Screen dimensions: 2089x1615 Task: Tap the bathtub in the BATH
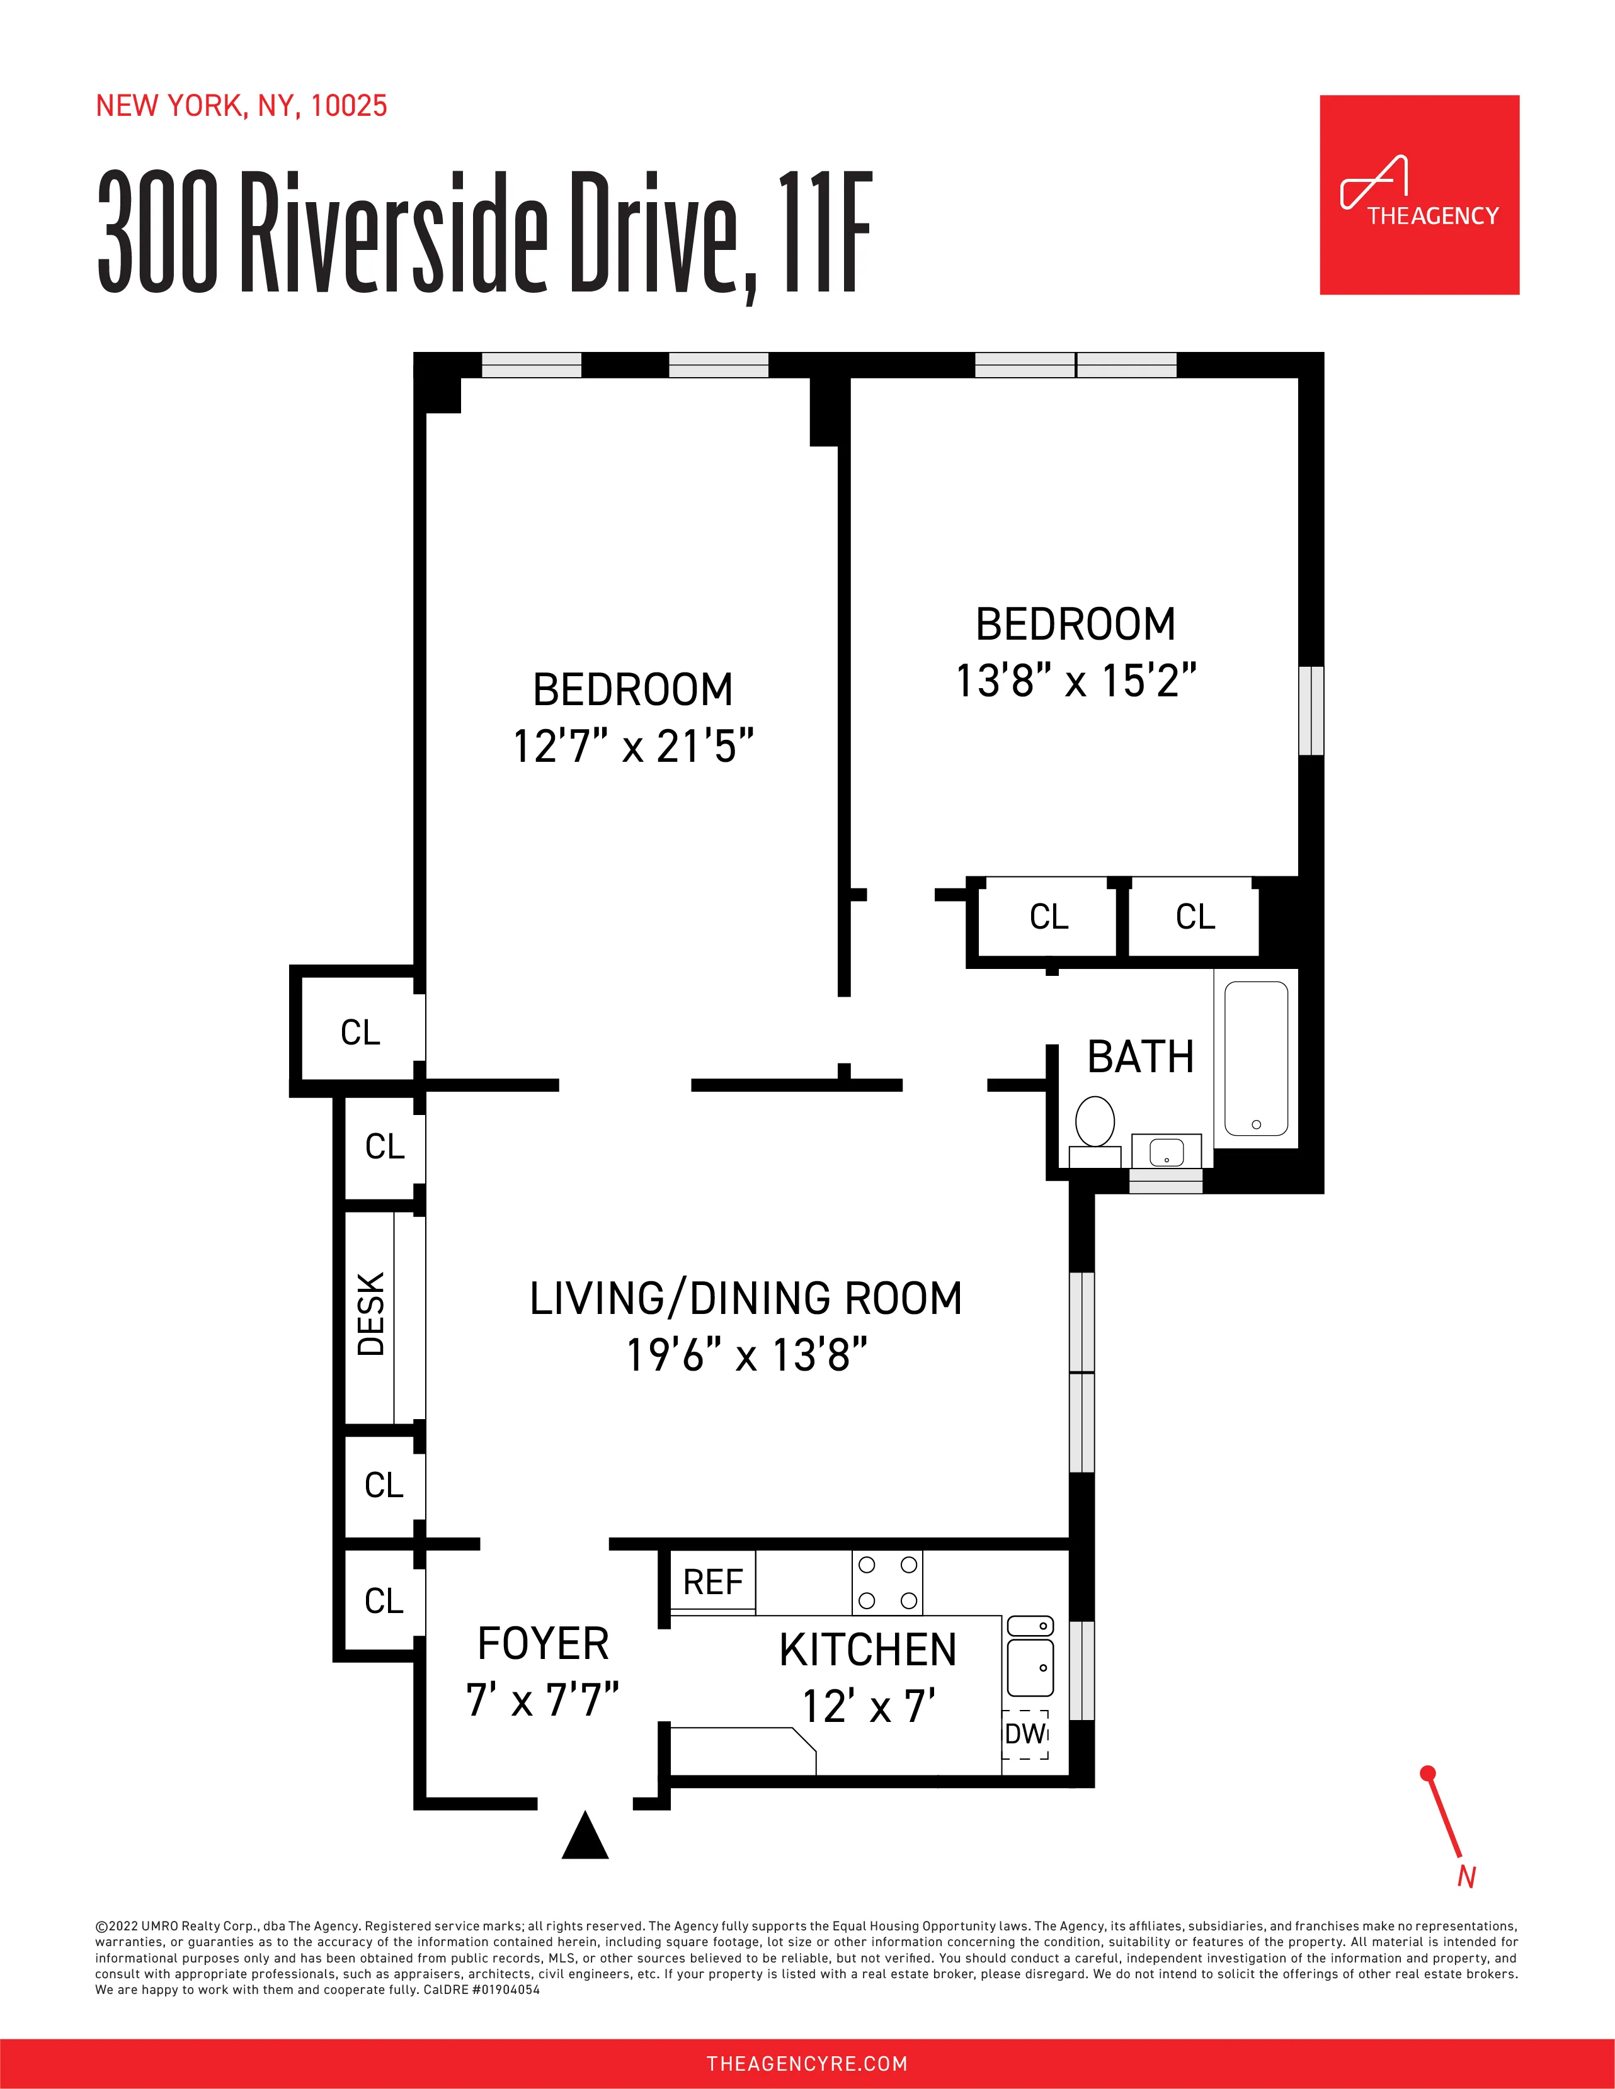1255,1057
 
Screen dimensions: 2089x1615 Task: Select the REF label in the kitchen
713,1582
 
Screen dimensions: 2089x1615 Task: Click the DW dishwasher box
1025,1733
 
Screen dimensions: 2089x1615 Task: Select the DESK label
371,1314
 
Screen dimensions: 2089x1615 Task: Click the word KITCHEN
868,1650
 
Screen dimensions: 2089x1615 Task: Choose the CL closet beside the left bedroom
360,1032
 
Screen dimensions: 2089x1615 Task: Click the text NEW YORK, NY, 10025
241,105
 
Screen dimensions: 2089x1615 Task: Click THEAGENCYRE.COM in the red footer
806,2063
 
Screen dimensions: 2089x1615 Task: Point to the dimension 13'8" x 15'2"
1075,681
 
